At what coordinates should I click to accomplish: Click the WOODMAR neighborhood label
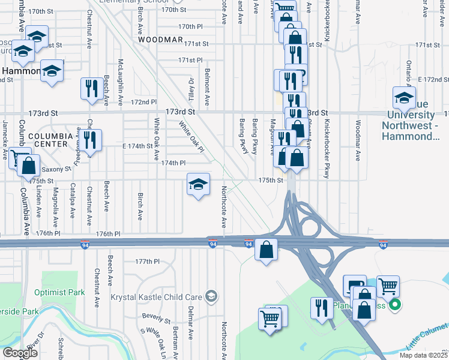click(x=160, y=39)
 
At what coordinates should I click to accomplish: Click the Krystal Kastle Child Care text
click(x=156, y=296)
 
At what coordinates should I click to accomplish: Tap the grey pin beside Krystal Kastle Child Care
click(x=211, y=296)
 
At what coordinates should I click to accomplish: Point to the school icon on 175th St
click(x=197, y=185)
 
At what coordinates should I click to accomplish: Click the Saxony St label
click(x=56, y=169)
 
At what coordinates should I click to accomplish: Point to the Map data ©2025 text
click(x=423, y=355)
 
